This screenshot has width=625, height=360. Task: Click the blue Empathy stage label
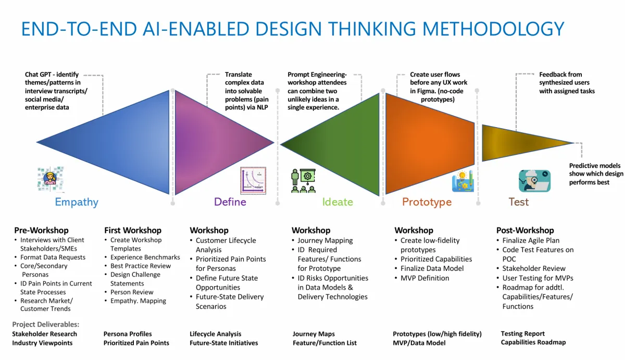(77, 202)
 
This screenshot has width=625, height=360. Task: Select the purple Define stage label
(230, 202)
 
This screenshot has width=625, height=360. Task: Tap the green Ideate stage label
(337, 202)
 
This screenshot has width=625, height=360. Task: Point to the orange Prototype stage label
(427, 202)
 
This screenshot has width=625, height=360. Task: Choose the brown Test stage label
(518, 202)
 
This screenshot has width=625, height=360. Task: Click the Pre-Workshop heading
(41, 230)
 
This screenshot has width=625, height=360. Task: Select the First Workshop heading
(133, 230)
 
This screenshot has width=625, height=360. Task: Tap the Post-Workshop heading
(525, 230)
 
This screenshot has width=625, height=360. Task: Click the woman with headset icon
(51, 179)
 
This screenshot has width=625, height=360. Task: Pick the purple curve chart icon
(253, 181)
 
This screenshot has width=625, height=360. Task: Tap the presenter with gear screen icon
(303, 181)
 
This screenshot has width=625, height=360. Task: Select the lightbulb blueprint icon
(463, 181)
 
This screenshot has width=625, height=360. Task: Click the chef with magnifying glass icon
(534, 181)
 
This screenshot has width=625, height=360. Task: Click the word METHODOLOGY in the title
(493, 29)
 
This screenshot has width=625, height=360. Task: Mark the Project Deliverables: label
(46, 324)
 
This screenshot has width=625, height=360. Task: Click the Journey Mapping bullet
(322, 241)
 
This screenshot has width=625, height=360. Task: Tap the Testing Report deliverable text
(522, 333)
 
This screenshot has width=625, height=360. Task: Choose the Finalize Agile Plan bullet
(528, 240)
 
